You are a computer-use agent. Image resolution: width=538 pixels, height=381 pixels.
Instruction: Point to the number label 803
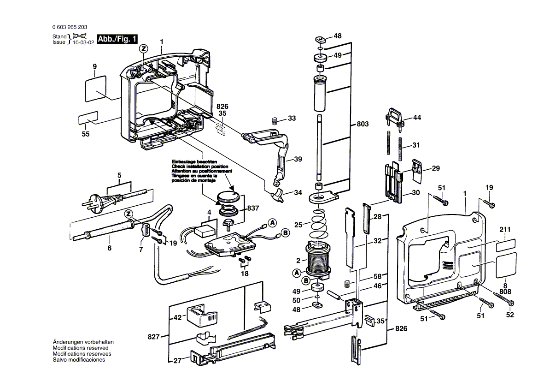(x=363, y=124)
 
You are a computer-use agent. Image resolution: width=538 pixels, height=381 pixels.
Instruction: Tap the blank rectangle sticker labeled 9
(x=96, y=89)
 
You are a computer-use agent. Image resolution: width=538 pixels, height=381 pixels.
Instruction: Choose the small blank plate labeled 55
(x=88, y=119)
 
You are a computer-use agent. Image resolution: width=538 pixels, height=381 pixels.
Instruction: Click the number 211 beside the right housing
(x=505, y=230)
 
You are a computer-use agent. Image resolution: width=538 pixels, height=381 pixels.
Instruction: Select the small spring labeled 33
(x=275, y=121)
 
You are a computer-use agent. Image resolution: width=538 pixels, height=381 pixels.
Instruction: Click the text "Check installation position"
(x=199, y=166)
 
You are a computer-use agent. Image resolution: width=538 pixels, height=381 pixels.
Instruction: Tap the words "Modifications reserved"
(x=81, y=348)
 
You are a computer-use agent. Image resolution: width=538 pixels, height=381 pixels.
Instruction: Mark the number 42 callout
(x=177, y=318)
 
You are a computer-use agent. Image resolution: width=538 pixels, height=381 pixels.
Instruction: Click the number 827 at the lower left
(x=154, y=337)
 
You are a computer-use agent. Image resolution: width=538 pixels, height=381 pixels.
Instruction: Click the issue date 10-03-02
(x=83, y=42)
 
